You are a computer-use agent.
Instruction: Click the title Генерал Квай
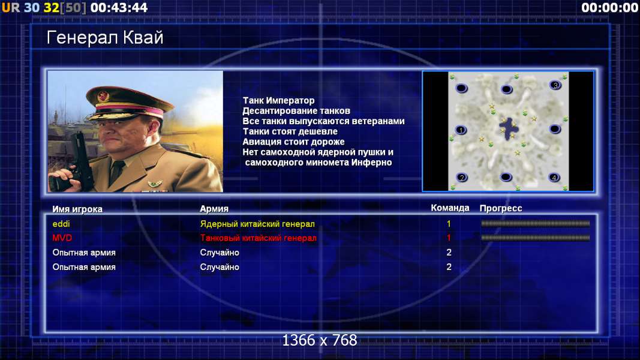(105, 38)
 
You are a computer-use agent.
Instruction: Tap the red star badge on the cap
(103, 97)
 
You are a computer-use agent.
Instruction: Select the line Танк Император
(278, 100)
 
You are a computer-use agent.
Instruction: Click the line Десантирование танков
(296, 110)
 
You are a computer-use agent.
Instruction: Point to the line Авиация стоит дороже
(293, 142)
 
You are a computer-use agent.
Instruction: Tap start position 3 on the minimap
(555, 85)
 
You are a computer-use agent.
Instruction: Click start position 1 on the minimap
(461, 130)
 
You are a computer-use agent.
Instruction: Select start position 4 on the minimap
(554, 178)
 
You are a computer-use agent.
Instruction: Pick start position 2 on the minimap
(462, 178)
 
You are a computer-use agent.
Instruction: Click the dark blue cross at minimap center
(509, 130)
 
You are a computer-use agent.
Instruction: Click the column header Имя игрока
(77, 209)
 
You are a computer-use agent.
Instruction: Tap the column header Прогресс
(501, 208)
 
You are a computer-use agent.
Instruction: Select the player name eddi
(61, 224)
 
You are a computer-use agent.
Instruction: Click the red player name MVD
(62, 238)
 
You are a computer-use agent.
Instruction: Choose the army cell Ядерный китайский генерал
(257, 224)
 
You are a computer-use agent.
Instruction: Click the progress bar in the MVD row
(536, 238)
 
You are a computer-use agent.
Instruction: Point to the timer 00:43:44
(119, 7)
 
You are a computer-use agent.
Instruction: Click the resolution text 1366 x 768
(320, 340)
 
